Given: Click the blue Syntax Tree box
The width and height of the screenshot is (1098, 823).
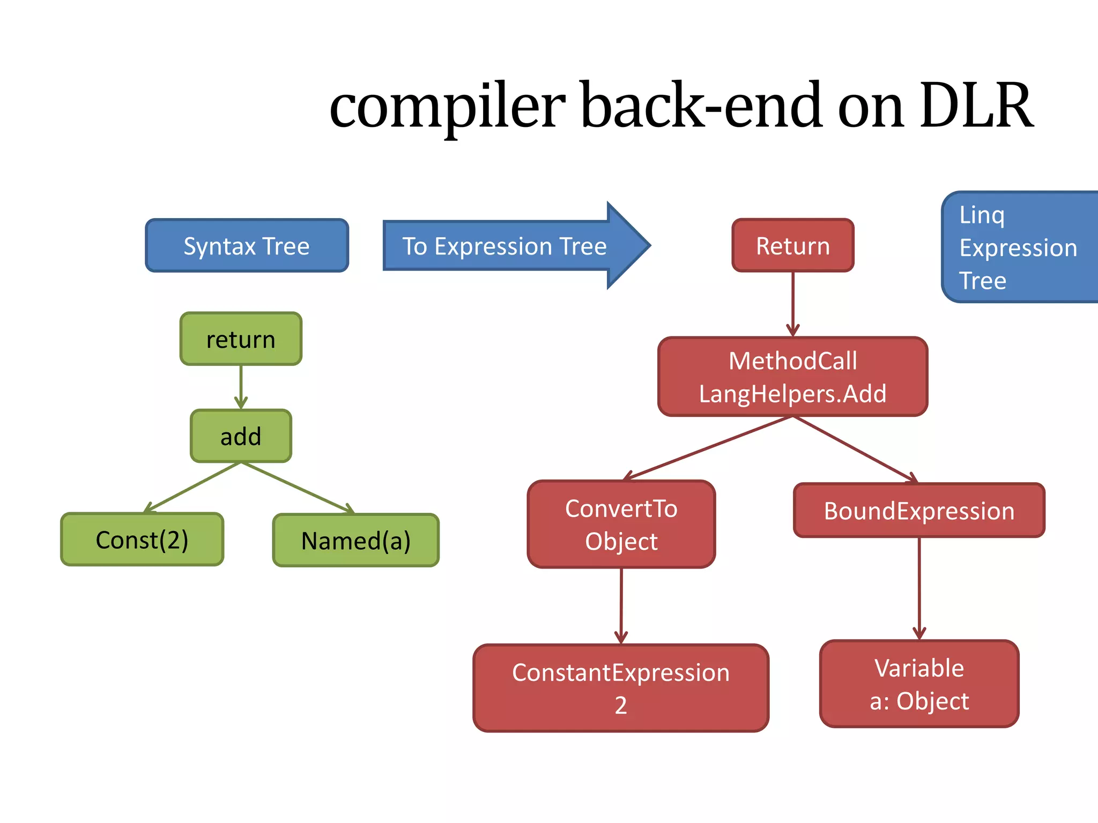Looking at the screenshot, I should [x=247, y=245].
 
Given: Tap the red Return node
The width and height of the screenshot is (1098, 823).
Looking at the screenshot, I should [x=792, y=245].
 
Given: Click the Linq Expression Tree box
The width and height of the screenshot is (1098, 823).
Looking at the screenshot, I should [x=1019, y=247].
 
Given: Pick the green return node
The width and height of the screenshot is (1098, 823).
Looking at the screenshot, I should [x=241, y=339].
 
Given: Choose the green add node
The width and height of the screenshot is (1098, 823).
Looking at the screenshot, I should [x=241, y=436].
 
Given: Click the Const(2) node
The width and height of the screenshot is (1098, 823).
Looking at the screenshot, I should [x=142, y=540].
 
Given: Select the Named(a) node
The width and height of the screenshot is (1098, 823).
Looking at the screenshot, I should [x=355, y=540].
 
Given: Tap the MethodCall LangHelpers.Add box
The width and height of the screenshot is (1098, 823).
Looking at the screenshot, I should [x=792, y=377].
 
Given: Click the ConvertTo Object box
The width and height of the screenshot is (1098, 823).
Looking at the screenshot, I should [x=621, y=524].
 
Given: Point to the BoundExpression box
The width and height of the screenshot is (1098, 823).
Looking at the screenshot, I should [x=919, y=511].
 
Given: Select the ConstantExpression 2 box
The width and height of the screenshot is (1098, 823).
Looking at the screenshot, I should [x=621, y=688].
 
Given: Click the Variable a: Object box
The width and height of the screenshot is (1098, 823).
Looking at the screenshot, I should [x=919, y=684].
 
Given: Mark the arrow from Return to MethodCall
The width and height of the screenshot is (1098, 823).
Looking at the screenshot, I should [x=793, y=303].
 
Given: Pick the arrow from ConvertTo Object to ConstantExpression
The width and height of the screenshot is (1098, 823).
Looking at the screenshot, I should [x=621, y=605].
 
